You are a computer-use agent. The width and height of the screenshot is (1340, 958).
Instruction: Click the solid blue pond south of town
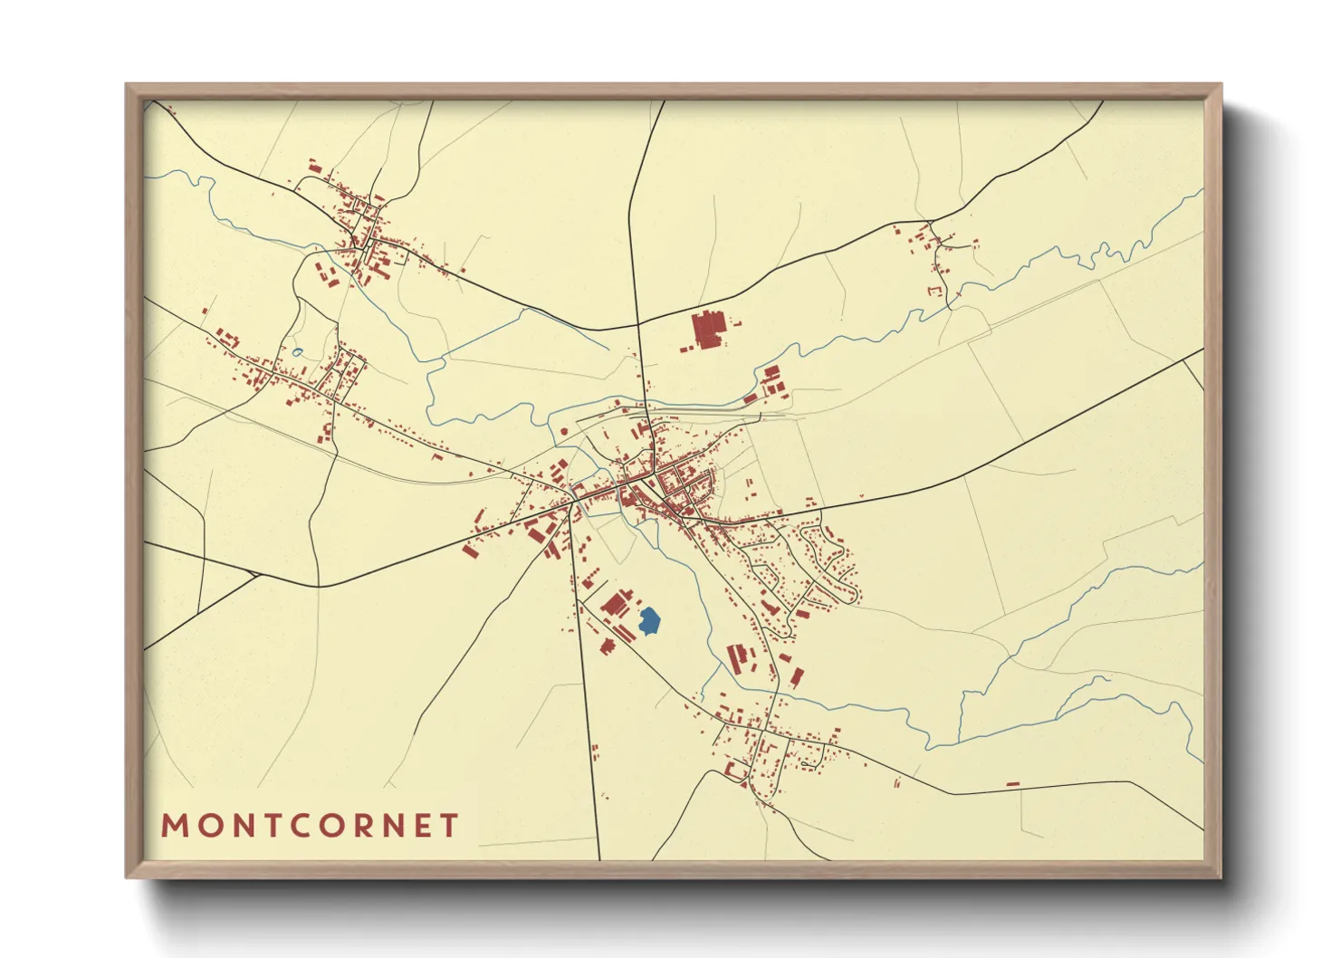pyautogui.click(x=649, y=621)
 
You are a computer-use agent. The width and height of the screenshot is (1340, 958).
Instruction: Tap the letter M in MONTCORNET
pyautogui.click(x=174, y=826)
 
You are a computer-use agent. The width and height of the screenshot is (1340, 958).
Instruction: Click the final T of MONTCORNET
pyautogui.click(x=448, y=826)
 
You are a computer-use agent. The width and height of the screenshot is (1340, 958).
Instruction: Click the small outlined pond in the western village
pyautogui.click(x=297, y=352)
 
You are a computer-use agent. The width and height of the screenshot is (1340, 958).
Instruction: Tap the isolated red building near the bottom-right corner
pyautogui.click(x=1012, y=784)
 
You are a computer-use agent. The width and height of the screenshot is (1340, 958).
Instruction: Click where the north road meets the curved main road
pyautogui.click(x=637, y=325)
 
